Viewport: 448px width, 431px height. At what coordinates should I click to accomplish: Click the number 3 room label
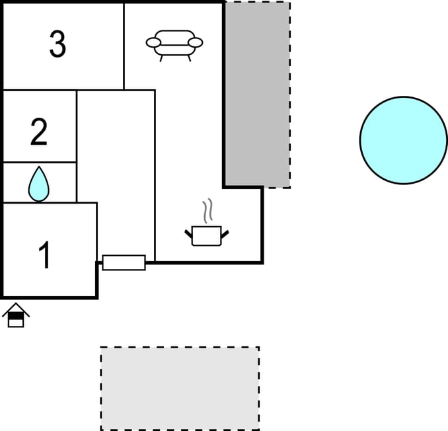pos(57,44)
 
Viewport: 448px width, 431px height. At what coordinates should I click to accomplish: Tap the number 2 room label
pos(39,132)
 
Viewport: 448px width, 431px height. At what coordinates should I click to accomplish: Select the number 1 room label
pos(45,255)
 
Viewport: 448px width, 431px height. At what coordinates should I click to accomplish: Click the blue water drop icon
pos(39,184)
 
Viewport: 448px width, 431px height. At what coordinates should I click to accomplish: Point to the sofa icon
pos(174,46)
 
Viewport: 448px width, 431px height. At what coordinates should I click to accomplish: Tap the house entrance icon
pos(16,315)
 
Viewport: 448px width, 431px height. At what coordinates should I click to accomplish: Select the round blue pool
pos(404,140)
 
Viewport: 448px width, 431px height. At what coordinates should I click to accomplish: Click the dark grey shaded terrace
pos(257,95)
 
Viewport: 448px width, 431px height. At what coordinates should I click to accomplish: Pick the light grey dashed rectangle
pos(180,389)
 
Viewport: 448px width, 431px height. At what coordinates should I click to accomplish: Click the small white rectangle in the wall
pos(124,262)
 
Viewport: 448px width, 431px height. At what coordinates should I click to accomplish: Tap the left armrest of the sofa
pos(153,42)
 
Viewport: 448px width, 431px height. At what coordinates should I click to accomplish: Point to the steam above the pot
pos(208,210)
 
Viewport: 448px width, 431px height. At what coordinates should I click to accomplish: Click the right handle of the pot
pos(225,234)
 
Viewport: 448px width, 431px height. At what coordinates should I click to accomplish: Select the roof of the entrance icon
pos(16,309)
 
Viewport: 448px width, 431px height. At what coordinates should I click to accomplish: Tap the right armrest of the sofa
pos(196,42)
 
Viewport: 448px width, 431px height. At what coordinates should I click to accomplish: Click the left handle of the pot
pos(188,234)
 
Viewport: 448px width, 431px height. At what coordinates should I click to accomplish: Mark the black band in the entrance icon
pos(16,315)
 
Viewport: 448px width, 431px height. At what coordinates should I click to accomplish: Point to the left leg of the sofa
pos(161,59)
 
